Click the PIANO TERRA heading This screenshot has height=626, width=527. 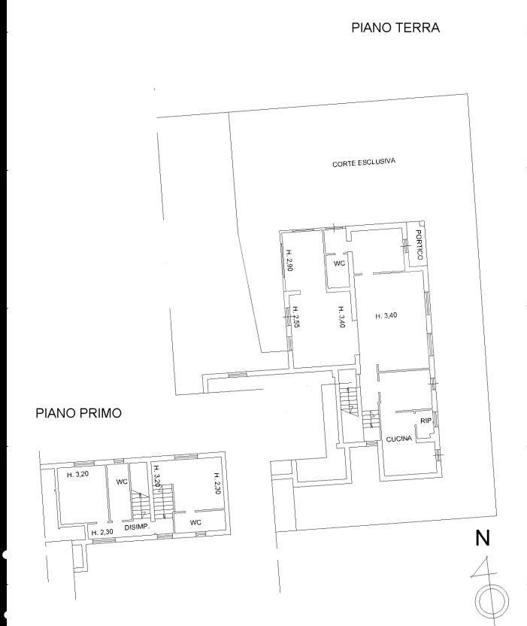(395, 28)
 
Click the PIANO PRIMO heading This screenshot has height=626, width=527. (79, 413)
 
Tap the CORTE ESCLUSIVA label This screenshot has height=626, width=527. (364, 162)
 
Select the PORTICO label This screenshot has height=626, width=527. (419, 245)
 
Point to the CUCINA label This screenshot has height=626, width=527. (399, 439)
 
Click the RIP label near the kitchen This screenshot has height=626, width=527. (426, 421)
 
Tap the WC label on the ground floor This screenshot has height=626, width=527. (339, 263)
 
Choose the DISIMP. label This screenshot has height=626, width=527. (137, 527)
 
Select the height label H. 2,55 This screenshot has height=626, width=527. (296, 317)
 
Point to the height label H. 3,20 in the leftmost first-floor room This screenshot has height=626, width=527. (77, 475)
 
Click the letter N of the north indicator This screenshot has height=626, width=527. (483, 538)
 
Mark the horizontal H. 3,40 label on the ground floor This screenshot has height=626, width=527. (386, 316)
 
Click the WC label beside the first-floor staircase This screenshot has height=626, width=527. (122, 482)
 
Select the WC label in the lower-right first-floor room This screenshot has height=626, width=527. (195, 522)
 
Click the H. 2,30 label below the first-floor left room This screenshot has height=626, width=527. (102, 532)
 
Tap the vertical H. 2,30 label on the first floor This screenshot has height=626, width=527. (217, 484)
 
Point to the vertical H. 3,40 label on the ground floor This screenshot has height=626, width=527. (341, 317)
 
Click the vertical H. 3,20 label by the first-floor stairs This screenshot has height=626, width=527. (157, 476)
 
